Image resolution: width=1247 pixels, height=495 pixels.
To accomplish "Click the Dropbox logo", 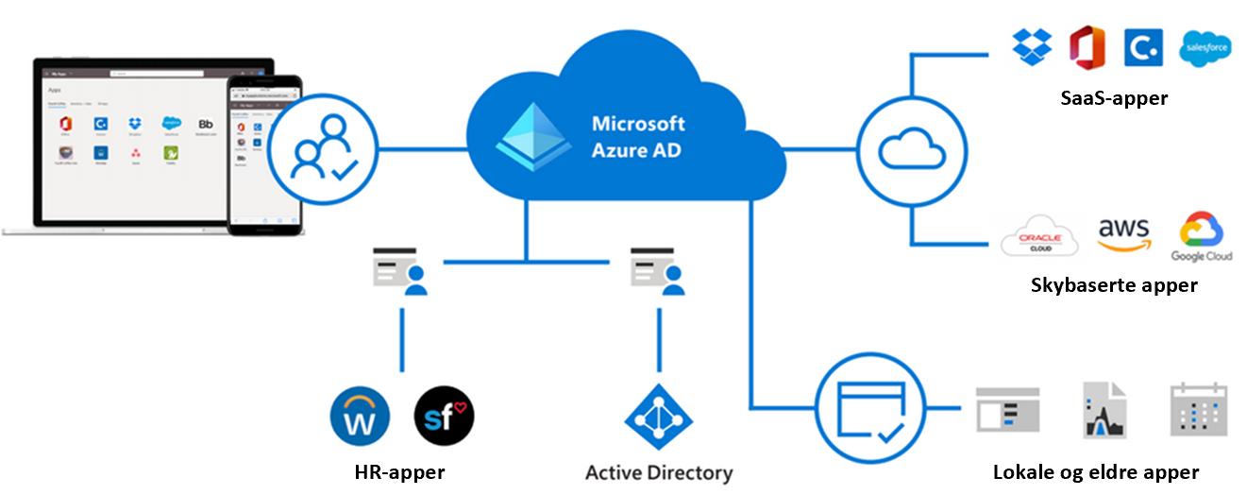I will [1032, 46].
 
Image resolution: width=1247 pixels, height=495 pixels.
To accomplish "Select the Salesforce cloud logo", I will [1205, 47].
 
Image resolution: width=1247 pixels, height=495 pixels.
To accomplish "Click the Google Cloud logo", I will [1202, 236].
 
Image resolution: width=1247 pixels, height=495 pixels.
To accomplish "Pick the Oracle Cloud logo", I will [1039, 239].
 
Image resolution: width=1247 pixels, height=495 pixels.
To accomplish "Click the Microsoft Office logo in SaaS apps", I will [1087, 46].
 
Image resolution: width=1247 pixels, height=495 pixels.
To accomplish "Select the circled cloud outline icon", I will [912, 149].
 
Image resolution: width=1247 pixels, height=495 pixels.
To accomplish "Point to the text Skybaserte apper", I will [1114, 284].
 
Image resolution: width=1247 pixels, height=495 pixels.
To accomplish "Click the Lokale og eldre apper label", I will [1096, 472].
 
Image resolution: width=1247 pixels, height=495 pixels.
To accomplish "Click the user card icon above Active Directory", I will [658, 271].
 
